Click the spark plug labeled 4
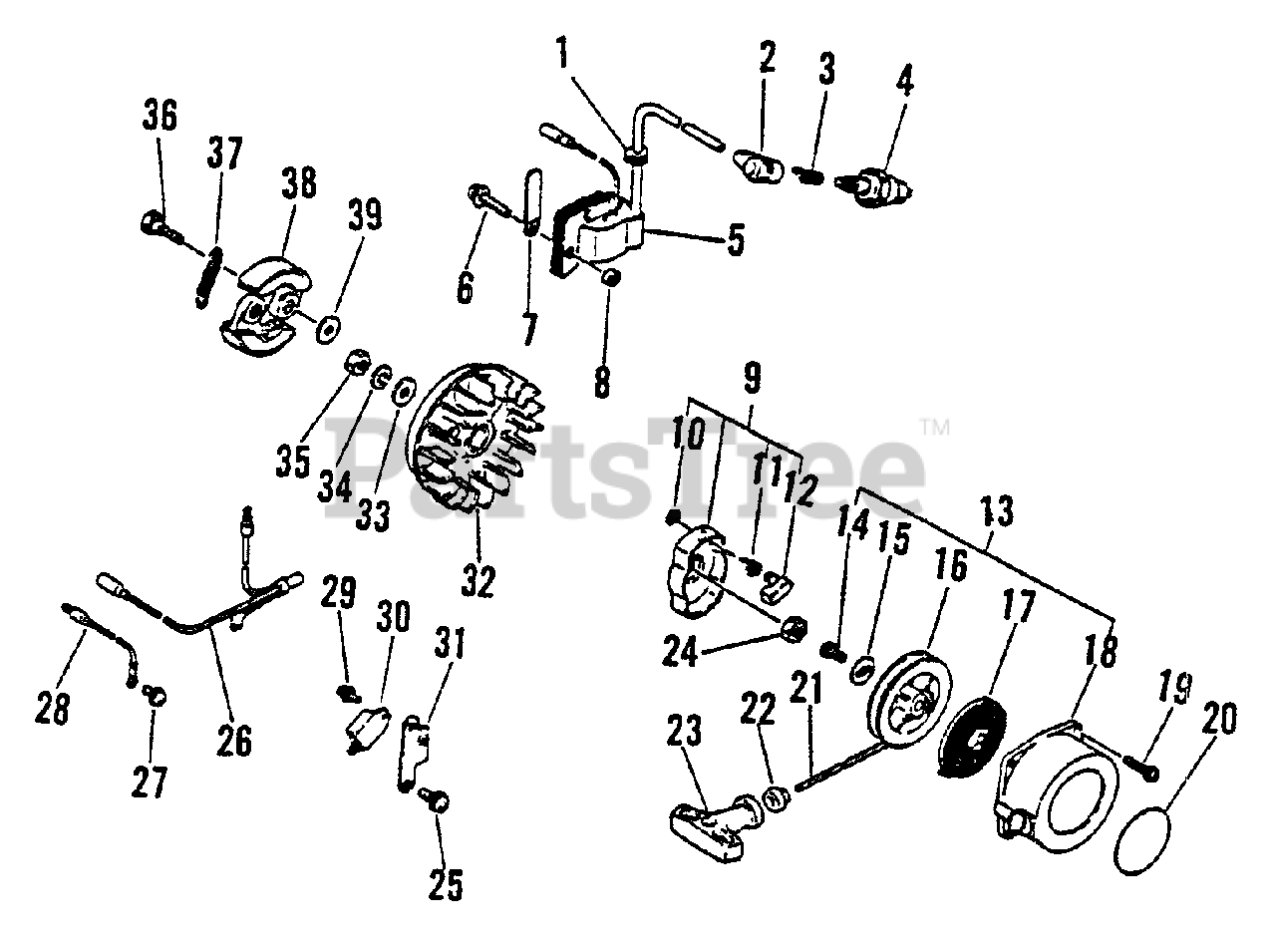[882, 185]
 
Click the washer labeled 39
[326, 328]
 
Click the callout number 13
[996, 511]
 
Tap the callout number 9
[752, 378]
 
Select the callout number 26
[235, 739]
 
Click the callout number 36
[159, 116]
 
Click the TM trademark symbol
[934, 428]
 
